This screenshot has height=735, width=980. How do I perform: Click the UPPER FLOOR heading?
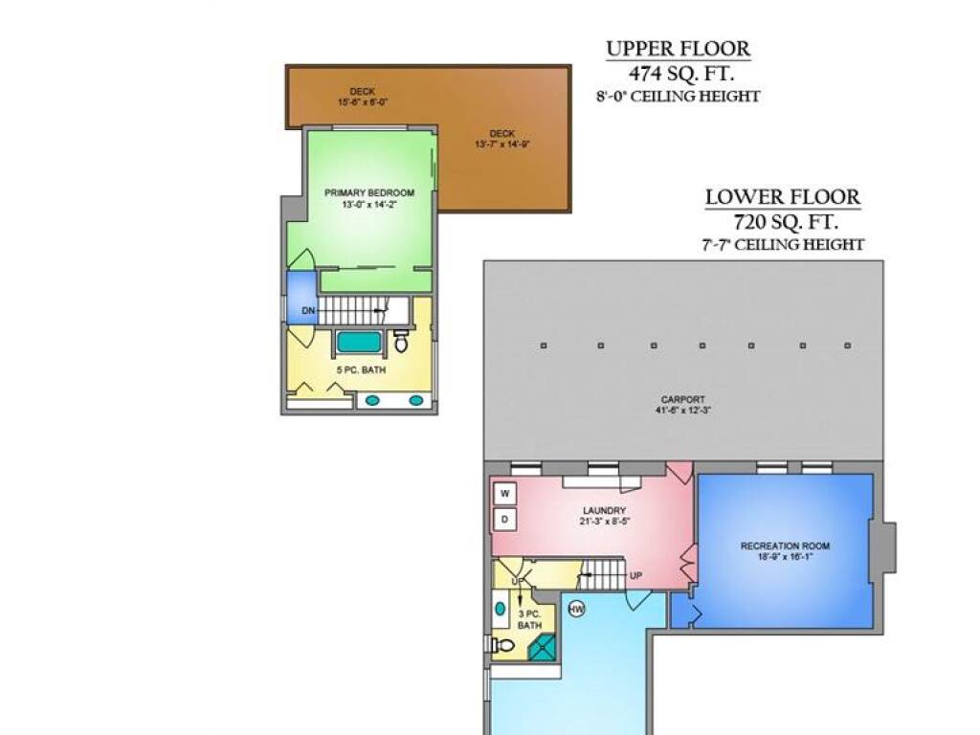tap(679, 49)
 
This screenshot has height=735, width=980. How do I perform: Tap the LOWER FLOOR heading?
tap(783, 197)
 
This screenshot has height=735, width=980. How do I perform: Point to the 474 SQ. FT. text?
tap(680, 74)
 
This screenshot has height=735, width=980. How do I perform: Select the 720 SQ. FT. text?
tap(786, 222)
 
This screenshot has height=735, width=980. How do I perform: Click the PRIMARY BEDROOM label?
tap(369, 192)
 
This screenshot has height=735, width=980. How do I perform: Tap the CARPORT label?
tap(683, 399)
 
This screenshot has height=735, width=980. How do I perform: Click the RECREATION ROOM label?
tap(785, 546)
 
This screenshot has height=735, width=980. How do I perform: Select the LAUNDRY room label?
tap(604, 511)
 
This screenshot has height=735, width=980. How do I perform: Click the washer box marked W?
tap(505, 494)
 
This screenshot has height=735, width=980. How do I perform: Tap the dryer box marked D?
tap(505, 520)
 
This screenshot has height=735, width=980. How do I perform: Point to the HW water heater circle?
tap(576, 610)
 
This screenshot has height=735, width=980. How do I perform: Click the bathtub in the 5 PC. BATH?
tap(360, 342)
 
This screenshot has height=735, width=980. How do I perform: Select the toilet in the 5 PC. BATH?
tap(401, 342)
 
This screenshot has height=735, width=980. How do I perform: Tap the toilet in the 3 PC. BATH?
tap(501, 645)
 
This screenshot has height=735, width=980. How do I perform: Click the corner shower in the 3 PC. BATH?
tap(542, 647)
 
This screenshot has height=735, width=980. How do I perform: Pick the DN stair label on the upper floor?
tap(308, 311)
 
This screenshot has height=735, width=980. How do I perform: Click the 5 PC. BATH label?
tap(361, 370)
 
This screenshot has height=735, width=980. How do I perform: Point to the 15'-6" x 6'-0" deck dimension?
tap(363, 101)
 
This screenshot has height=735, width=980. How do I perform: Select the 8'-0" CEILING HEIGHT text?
tap(679, 97)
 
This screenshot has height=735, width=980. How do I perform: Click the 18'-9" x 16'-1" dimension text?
tap(785, 556)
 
